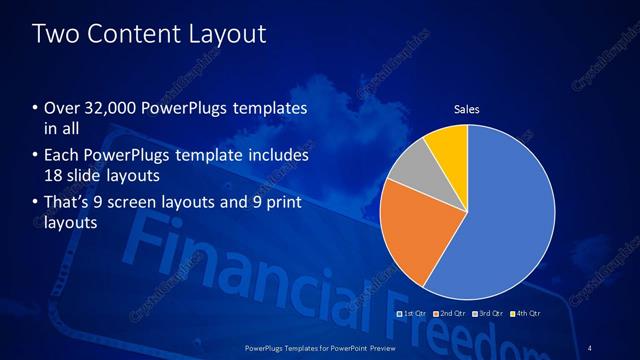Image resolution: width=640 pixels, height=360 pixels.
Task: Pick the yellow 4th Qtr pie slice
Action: [x=447, y=146]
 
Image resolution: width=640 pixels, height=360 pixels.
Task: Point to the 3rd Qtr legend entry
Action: [x=486, y=313]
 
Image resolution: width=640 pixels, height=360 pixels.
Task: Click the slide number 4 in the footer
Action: [x=591, y=347]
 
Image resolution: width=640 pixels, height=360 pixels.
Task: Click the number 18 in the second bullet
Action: [x=57, y=175]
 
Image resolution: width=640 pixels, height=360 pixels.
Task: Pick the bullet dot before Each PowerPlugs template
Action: [x=35, y=157]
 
